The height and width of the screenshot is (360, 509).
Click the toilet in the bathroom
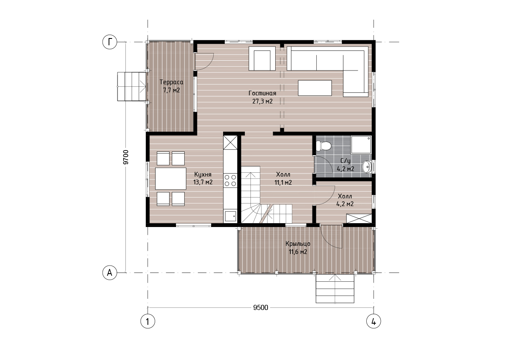(x=324, y=146)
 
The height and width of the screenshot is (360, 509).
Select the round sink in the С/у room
(x=367, y=166)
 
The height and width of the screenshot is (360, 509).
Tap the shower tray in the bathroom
(x=361, y=145)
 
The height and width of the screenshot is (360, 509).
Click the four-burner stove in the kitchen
(x=230, y=180)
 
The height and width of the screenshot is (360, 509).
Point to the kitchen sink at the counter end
(x=230, y=216)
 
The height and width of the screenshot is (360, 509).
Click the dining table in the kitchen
(x=171, y=179)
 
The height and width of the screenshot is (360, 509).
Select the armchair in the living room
(x=262, y=59)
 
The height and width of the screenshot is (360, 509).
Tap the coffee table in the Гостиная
(x=315, y=88)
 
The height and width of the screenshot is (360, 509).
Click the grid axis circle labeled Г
(x=110, y=42)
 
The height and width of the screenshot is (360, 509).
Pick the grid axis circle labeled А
(x=110, y=273)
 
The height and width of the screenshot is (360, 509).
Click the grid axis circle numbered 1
(x=148, y=322)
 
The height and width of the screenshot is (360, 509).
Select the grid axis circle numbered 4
(x=374, y=322)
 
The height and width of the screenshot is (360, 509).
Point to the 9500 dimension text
(x=261, y=307)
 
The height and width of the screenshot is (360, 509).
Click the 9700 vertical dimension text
(x=126, y=157)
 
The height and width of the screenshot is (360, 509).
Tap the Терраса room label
(x=171, y=82)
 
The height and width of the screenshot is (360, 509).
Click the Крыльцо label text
(x=298, y=244)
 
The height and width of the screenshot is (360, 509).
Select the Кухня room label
(x=203, y=174)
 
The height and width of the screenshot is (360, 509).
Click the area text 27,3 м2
(x=262, y=101)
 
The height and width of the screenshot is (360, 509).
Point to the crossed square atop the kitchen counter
(x=230, y=142)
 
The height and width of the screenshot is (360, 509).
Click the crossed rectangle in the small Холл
(x=359, y=218)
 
